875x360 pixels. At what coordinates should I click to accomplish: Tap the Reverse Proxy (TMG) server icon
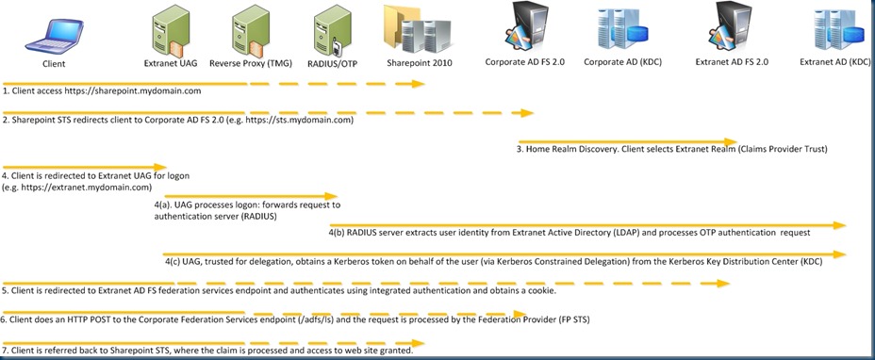247,32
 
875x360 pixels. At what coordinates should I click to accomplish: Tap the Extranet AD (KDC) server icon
835,29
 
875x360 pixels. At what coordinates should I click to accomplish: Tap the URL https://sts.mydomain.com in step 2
299,121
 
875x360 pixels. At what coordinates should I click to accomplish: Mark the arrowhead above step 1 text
421,84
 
